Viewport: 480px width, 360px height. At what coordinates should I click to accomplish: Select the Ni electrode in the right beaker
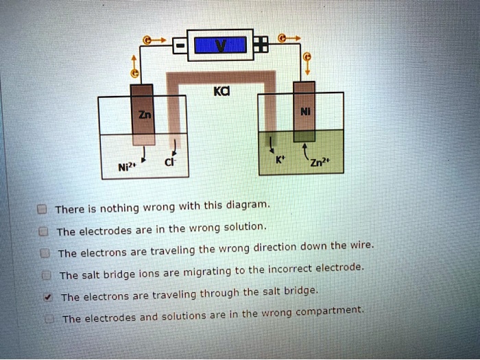click(x=304, y=110)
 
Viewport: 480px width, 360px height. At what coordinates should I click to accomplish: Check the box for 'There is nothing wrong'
click(x=43, y=209)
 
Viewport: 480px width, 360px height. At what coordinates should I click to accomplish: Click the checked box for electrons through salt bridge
click(x=46, y=297)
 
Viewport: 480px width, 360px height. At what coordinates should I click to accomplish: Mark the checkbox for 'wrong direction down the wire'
click(x=45, y=253)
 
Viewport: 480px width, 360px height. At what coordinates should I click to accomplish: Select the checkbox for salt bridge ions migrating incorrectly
click(x=45, y=275)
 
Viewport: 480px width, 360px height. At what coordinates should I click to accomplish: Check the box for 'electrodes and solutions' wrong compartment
click(x=47, y=319)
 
